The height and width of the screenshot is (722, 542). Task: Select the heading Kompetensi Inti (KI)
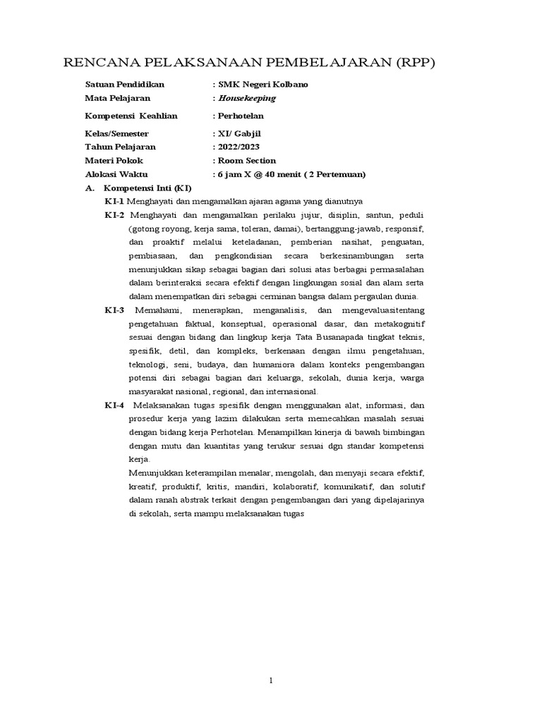(x=147, y=188)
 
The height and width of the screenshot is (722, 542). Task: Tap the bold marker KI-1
(x=114, y=202)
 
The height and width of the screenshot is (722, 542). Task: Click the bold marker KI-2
(x=114, y=215)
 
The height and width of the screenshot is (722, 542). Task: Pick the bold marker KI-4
(x=114, y=405)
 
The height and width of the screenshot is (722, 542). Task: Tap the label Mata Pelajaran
(x=117, y=98)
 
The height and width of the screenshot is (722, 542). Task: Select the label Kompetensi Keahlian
(x=131, y=116)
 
